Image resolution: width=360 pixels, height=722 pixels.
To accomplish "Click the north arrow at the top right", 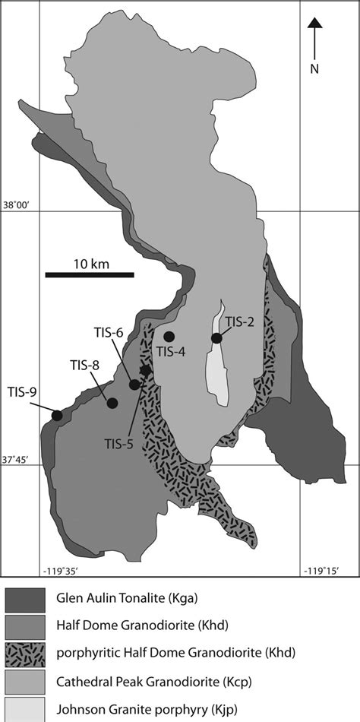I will [x=317, y=35].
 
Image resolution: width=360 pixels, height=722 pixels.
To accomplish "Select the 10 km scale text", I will [x=90, y=263].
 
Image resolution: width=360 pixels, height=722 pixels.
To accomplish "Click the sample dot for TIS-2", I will [x=216, y=338].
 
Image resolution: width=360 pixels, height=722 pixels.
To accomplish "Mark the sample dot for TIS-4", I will [x=169, y=336].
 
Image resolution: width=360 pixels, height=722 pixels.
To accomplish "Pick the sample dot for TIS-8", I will [x=112, y=404].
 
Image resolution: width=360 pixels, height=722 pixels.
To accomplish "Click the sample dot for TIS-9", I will [x=57, y=415].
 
